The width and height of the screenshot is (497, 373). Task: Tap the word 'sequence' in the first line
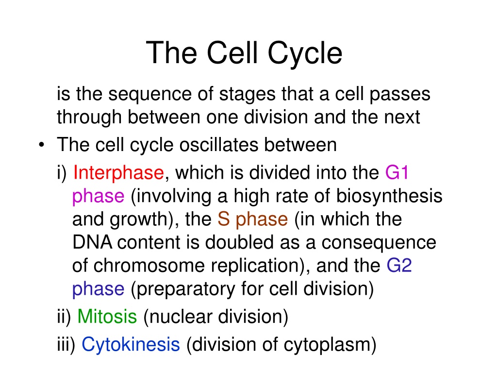pyautogui.click(x=150, y=95)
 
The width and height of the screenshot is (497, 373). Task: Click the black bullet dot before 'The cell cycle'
pyautogui.click(x=42, y=145)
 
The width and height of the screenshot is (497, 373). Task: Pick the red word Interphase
pyautogui.click(x=118, y=173)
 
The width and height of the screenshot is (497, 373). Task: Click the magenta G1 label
pyautogui.click(x=397, y=172)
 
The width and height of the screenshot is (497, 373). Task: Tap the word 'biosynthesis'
pyautogui.click(x=389, y=196)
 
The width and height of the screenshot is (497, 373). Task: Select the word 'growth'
pyautogui.click(x=139, y=220)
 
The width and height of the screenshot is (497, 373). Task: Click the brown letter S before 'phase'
pyautogui.click(x=224, y=219)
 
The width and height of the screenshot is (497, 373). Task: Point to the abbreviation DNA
pyautogui.click(x=92, y=242)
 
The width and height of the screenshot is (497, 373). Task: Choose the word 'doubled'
pyautogui.click(x=239, y=242)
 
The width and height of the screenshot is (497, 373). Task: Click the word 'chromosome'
pyautogui.click(x=149, y=266)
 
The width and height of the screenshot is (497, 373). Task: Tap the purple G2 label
pyautogui.click(x=399, y=266)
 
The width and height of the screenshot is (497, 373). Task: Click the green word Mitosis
pyautogui.click(x=107, y=317)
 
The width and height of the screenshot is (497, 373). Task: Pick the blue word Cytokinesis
pyautogui.click(x=131, y=345)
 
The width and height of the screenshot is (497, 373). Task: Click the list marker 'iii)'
pyautogui.click(x=66, y=345)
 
